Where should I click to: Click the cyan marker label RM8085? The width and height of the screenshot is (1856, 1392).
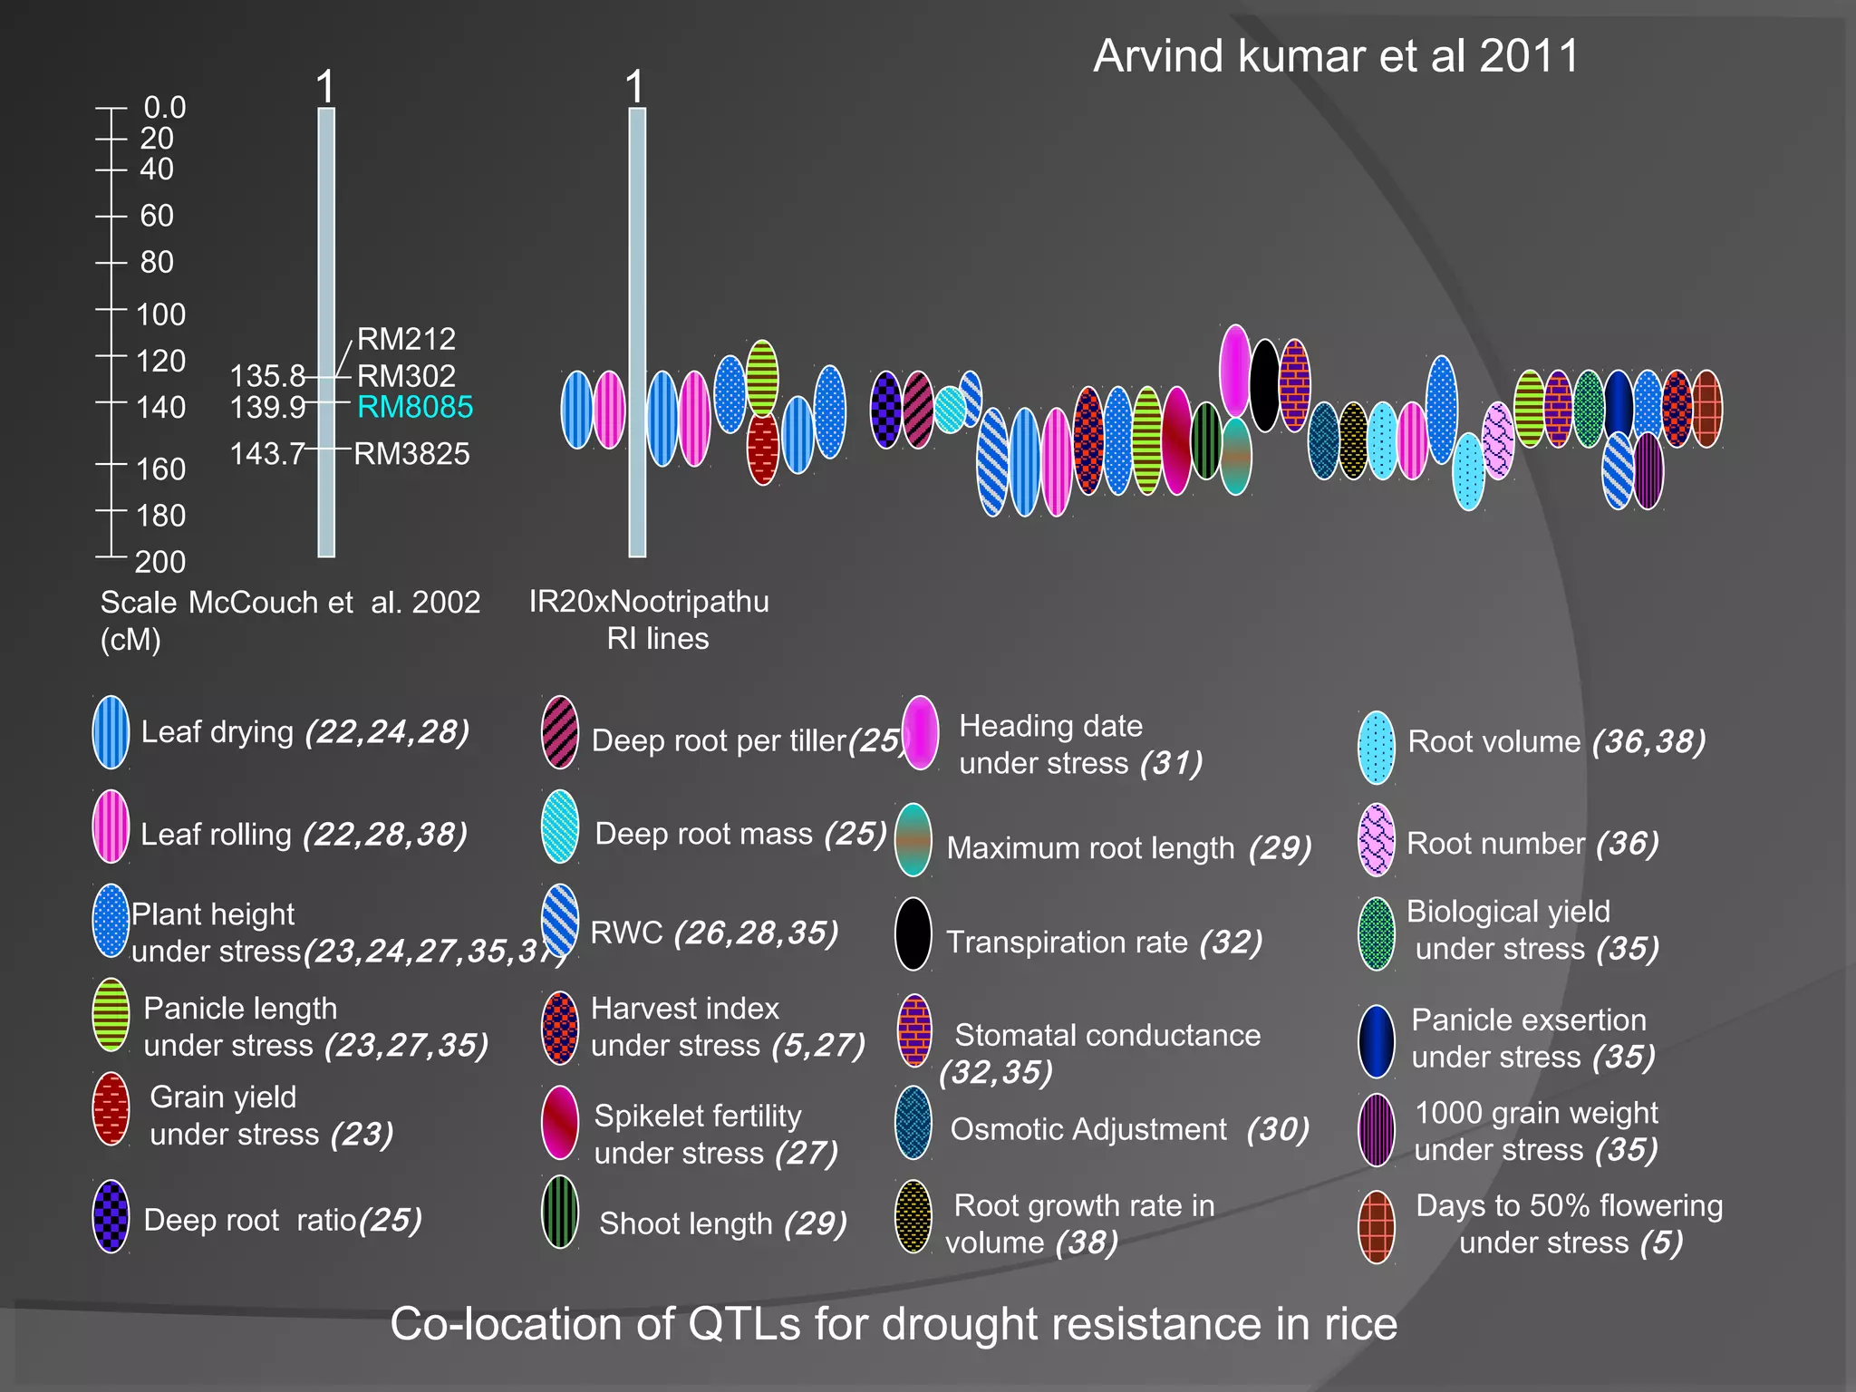point(415,407)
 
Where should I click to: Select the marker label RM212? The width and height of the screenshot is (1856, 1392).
point(406,339)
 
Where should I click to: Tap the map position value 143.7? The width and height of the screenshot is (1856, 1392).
point(266,453)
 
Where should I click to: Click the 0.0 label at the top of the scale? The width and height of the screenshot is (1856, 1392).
point(164,108)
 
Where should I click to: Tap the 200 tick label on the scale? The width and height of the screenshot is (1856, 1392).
point(160,562)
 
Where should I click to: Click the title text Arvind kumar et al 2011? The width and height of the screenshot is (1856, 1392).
point(1336,56)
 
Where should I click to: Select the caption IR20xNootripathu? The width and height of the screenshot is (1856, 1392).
point(649,602)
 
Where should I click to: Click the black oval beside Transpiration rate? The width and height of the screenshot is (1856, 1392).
point(913,933)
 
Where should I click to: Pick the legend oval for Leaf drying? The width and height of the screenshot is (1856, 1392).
point(111,732)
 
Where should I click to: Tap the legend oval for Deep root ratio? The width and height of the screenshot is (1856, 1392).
point(111,1216)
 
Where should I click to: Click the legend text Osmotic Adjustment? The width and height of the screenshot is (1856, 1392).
point(1087,1129)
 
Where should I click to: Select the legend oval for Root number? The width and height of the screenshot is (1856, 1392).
point(1376,840)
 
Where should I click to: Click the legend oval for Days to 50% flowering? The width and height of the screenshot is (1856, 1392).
point(1376,1227)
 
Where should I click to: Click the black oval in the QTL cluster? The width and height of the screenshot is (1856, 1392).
point(1264,384)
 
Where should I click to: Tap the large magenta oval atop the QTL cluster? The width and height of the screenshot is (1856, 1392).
point(1234,370)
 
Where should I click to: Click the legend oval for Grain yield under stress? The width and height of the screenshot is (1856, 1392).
point(111,1108)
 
